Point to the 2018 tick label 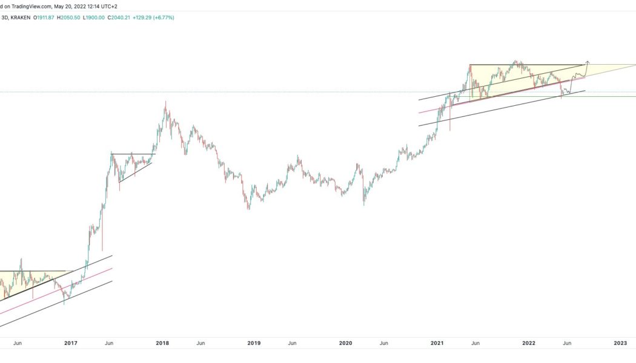point(162,343)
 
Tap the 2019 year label point(254,343)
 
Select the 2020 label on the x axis point(345,343)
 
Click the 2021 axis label point(437,343)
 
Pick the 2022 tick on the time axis point(528,343)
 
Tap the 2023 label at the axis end point(620,343)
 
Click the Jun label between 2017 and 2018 point(109,343)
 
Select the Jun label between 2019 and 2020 point(292,343)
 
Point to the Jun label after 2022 point(567,343)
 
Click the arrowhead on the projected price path point(588,62)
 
